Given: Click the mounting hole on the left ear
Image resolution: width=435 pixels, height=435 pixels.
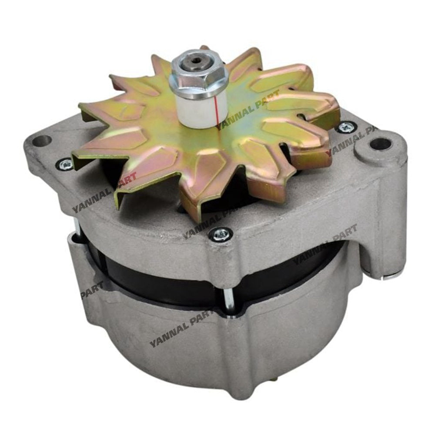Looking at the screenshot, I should point(43,141).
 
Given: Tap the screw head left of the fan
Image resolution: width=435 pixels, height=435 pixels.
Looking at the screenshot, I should point(66,164).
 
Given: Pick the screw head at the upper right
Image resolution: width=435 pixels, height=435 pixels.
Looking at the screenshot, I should point(347,127).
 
